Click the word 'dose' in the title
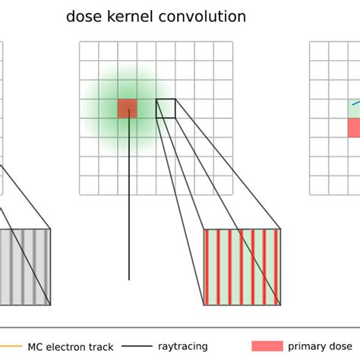click(84, 16)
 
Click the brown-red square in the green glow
click(128, 108)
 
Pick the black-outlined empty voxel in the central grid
click(166, 108)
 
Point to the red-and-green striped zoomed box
click(242, 267)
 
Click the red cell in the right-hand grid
click(354, 127)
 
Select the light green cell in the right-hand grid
click(354, 108)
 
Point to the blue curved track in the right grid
click(354, 103)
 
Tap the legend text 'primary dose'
click(320, 346)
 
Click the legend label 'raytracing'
click(183, 346)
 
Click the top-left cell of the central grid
click(90, 51)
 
